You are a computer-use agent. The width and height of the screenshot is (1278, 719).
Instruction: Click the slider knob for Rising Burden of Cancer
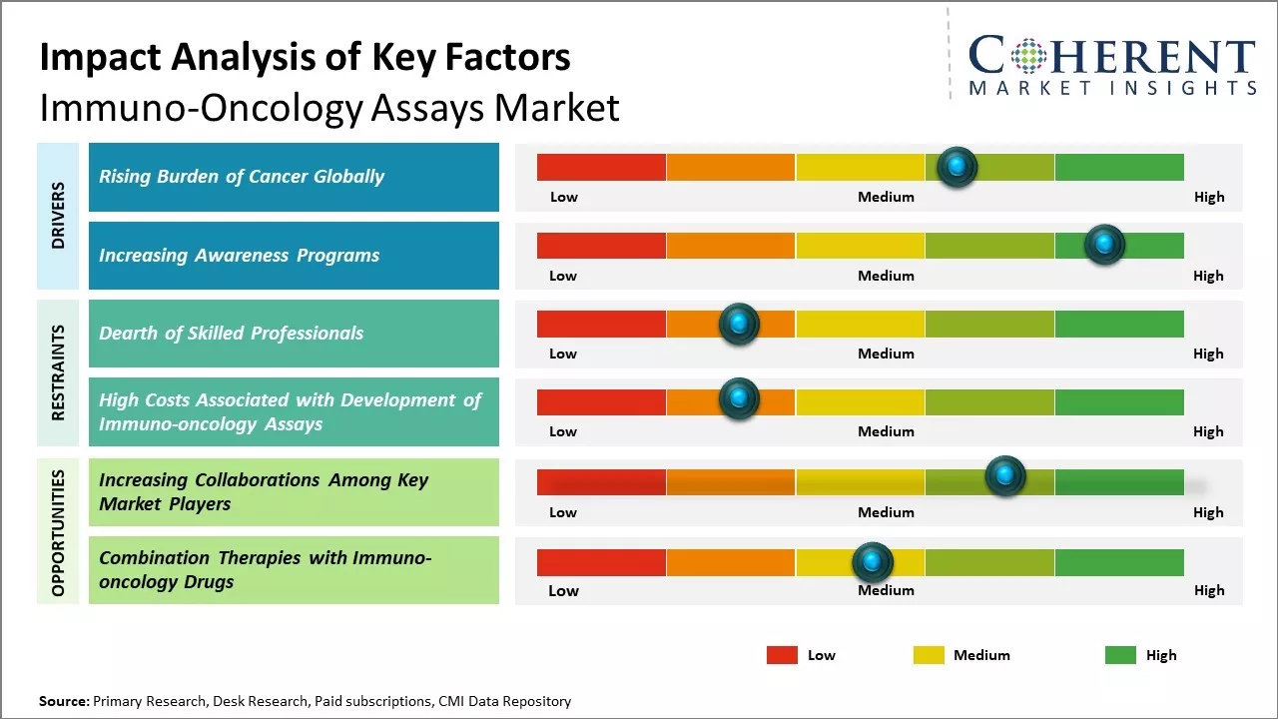(x=957, y=167)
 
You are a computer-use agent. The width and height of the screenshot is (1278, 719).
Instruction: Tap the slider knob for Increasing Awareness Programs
(x=1104, y=245)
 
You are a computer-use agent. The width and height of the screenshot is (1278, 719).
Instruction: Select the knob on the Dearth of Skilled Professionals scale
(x=739, y=324)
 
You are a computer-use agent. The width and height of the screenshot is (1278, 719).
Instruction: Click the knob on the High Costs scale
(x=739, y=399)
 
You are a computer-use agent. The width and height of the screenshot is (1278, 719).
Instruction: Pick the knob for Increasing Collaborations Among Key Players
(x=1004, y=475)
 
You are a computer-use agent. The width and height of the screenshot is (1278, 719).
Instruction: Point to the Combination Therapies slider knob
(x=873, y=562)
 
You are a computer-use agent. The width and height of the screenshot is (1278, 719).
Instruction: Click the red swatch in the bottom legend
(x=782, y=655)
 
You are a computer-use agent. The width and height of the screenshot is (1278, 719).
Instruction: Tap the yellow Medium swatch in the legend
(x=929, y=655)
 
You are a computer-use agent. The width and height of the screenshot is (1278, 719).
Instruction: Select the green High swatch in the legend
(x=1120, y=655)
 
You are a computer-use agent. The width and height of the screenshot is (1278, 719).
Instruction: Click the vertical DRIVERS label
(x=58, y=216)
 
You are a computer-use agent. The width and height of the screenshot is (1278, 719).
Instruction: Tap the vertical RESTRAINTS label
(x=58, y=372)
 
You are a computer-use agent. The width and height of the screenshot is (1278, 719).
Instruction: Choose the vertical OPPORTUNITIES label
(x=58, y=532)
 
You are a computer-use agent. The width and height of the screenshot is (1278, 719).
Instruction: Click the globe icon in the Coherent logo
(x=1026, y=56)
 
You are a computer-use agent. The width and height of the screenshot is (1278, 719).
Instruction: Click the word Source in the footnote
(x=63, y=701)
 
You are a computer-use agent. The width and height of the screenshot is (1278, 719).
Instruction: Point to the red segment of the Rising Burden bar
(x=601, y=167)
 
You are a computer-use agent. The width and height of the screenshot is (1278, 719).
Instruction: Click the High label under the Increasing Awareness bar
(x=1208, y=276)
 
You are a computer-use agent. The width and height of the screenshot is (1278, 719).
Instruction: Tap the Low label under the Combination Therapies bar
(x=563, y=590)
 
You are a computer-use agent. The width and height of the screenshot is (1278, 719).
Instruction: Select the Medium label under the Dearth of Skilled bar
(x=886, y=354)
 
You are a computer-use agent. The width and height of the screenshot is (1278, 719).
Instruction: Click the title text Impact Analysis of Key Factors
(x=305, y=58)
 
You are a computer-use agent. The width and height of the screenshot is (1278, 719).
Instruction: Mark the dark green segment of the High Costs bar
(x=1118, y=401)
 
